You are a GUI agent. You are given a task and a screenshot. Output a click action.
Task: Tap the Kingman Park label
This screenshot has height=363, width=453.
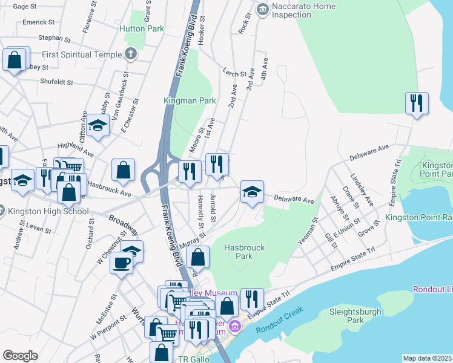(190, 100)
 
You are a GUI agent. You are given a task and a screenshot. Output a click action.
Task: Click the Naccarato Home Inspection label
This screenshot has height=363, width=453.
(295, 11)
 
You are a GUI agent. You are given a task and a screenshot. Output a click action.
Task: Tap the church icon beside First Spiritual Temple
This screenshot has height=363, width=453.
(130, 54)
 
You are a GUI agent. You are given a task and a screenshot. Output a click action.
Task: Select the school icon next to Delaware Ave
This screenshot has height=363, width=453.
(252, 191)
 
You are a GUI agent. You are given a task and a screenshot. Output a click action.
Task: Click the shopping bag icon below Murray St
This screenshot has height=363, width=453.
(198, 257)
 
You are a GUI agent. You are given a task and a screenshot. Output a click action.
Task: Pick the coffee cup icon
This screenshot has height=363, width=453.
(121, 263)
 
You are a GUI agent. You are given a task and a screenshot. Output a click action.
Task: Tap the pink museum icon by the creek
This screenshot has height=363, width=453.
(235, 327)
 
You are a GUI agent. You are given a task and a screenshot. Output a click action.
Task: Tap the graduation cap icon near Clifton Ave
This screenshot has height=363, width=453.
(96, 125)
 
